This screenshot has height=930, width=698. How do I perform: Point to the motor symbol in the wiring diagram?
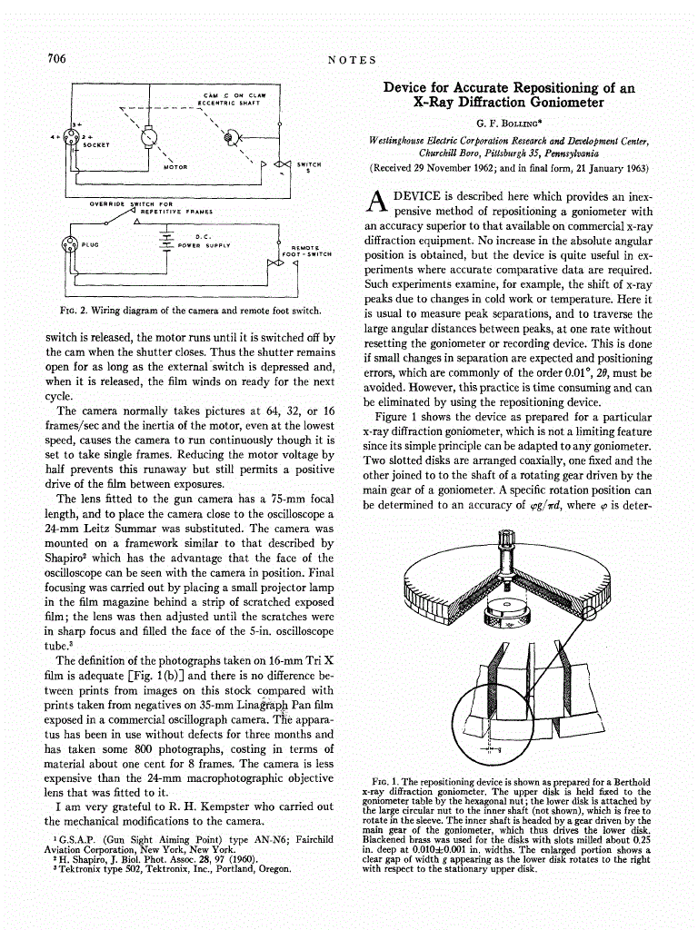click(x=145, y=137)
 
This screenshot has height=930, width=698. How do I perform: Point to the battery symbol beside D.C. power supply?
click(x=165, y=239)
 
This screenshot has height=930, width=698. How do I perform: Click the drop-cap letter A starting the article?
click(x=374, y=204)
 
